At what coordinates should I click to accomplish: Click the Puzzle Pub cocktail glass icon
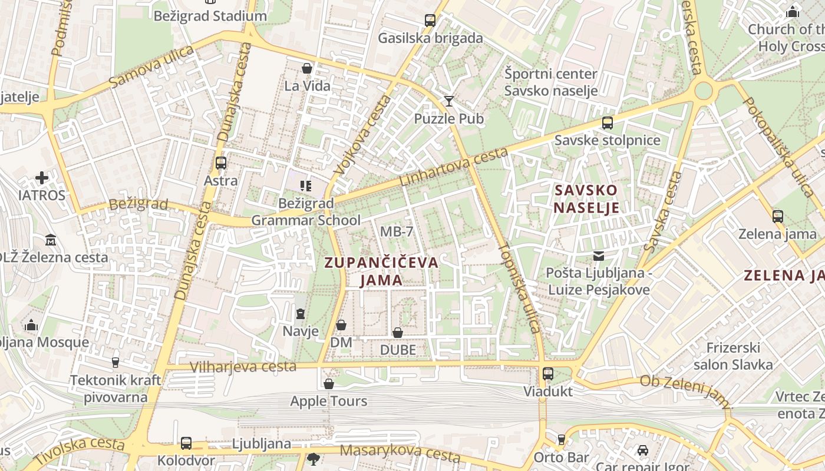point(449,101)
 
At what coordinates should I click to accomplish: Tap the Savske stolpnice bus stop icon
point(608,123)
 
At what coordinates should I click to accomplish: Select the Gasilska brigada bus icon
point(430,21)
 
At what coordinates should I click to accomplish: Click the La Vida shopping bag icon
point(307,68)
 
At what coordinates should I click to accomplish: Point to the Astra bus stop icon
point(221,163)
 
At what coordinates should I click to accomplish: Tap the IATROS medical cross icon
point(42,177)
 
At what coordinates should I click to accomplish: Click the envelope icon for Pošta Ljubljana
point(599,256)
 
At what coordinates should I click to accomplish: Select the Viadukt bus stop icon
point(548,374)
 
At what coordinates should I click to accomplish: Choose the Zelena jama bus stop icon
point(778,216)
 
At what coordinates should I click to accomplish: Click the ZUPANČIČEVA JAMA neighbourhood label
point(382,271)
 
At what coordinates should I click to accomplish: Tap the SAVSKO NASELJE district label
point(586,199)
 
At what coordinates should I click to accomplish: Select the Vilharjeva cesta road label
point(243,367)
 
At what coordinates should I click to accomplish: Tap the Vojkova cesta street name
point(361,135)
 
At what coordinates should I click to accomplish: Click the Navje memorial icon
point(301,313)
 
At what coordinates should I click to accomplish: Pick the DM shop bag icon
point(341,325)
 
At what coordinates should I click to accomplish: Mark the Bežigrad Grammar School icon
point(305,186)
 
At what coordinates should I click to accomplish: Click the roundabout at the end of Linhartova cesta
point(703,90)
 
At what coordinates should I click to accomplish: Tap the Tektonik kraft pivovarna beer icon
point(115,362)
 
